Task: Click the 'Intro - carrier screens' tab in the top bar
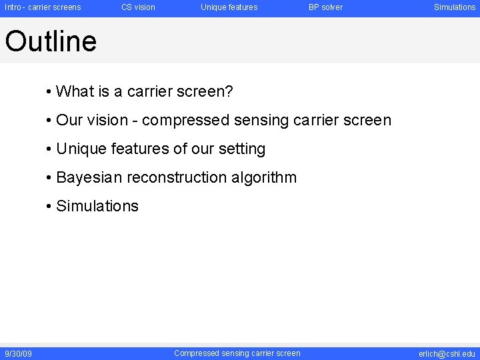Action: (x=43, y=7)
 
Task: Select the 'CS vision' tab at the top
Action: (x=138, y=7)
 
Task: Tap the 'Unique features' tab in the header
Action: (x=229, y=7)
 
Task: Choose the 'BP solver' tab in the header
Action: (x=325, y=7)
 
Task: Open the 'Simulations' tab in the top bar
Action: (x=455, y=7)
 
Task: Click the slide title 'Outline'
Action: (x=51, y=41)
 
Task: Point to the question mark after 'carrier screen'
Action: (x=229, y=91)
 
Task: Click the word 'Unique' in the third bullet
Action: (x=79, y=149)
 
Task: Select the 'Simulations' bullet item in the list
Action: (x=97, y=206)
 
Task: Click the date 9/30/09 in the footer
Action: (x=18, y=354)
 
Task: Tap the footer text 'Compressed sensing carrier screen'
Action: (x=237, y=353)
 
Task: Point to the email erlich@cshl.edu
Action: (x=447, y=354)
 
